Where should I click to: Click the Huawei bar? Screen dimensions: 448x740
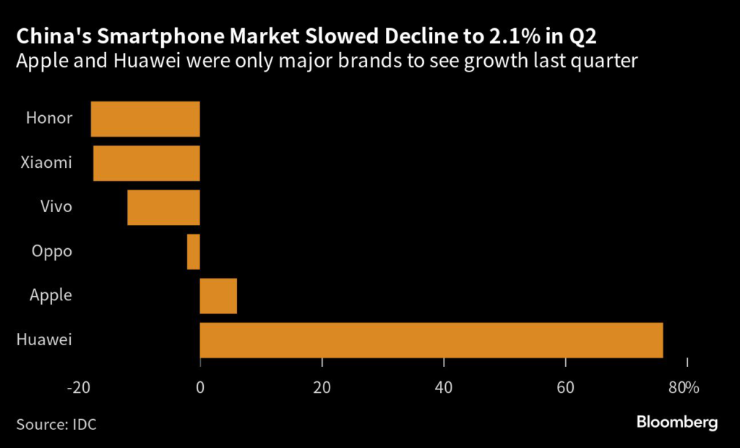tap(431, 340)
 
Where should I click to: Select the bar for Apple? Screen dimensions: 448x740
tap(218, 296)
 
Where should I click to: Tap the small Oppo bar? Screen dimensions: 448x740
tap(194, 252)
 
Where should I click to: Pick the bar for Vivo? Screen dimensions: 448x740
tap(163, 208)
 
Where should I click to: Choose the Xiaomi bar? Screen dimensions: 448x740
tap(146, 164)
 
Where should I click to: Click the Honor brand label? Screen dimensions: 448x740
tap(49, 118)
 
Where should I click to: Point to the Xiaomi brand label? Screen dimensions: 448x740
tap(47, 162)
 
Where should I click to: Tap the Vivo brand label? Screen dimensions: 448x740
tap(56, 207)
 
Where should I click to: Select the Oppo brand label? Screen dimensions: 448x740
tap(52, 251)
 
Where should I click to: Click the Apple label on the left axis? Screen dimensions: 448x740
tap(51, 295)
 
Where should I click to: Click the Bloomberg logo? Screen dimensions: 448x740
tap(677, 423)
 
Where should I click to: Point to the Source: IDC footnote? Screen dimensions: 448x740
tap(56, 424)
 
